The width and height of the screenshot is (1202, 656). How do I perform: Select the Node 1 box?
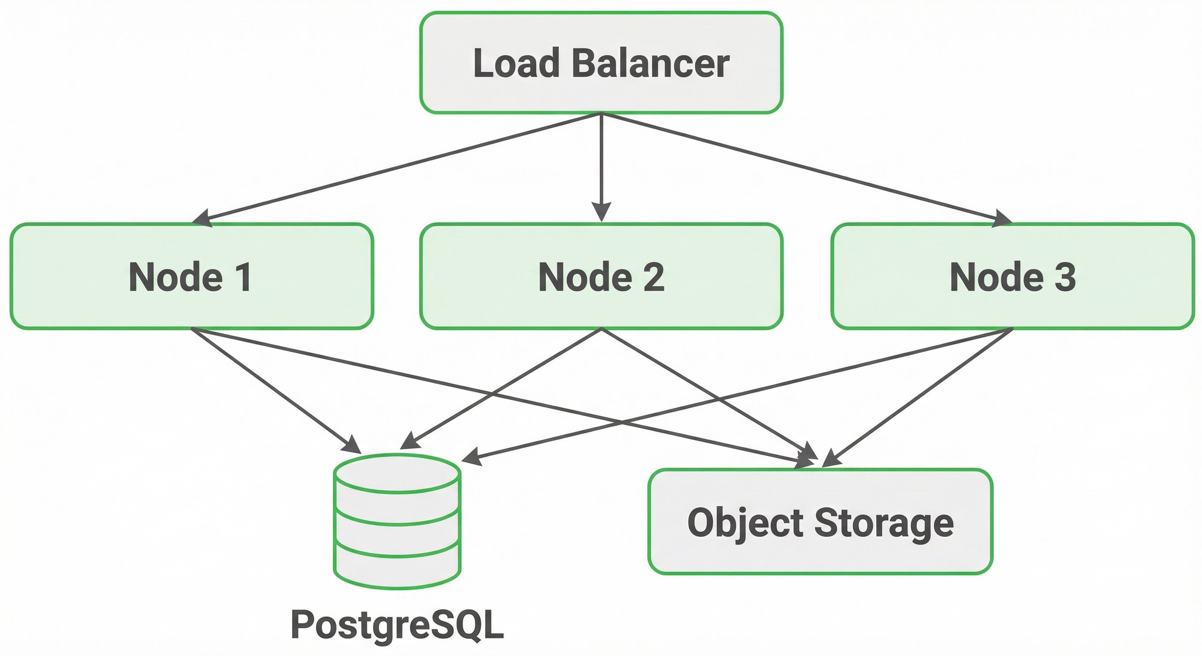pyautogui.click(x=191, y=276)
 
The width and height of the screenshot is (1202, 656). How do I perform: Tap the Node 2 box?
pyautogui.click(x=601, y=276)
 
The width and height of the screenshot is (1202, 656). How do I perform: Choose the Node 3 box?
pyautogui.click(x=1012, y=276)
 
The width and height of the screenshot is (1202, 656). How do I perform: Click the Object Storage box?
pyautogui.click(x=820, y=521)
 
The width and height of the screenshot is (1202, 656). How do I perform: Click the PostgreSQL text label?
pyautogui.click(x=397, y=624)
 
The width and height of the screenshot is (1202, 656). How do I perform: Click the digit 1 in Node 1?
pyautogui.click(x=243, y=277)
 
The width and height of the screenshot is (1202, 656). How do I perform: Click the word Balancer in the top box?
pyautogui.click(x=650, y=64)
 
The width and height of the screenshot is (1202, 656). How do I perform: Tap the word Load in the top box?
pyautogui.click(x=516, y=64)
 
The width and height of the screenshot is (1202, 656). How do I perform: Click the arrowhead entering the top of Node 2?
pyautogui.click(x=601, y=212)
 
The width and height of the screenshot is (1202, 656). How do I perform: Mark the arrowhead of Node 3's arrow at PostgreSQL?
pyautogui.click(x=471, y=457)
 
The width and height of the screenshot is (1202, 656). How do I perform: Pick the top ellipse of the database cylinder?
pyautogui.click(x=397, y=473)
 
